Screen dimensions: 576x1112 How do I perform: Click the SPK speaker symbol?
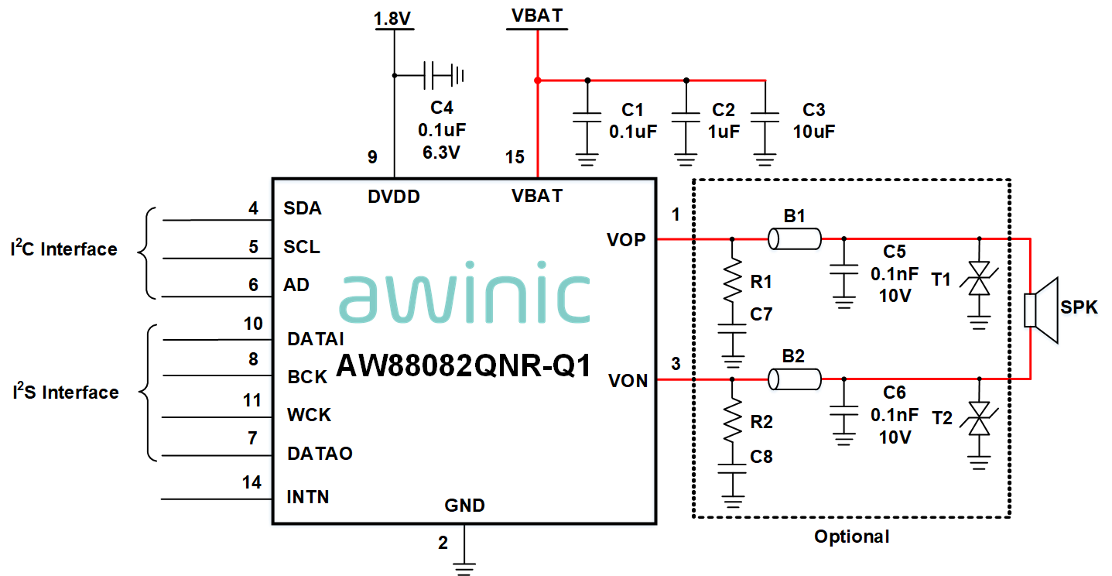tap(1040, 310)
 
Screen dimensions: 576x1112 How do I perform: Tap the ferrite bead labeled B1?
tap(794, 239)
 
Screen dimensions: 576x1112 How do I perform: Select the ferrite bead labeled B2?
tap(794, 379)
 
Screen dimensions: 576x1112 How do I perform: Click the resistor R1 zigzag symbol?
tap(731, 283)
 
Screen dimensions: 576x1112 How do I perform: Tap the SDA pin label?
tap(303, 208)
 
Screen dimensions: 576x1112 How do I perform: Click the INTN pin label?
tap(308, 496)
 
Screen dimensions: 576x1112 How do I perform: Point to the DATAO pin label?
tap(320, 453)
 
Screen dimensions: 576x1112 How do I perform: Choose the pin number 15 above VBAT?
tap(515, 157)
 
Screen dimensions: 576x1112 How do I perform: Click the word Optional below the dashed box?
tap(851, 537)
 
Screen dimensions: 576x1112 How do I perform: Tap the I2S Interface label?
tap(66, 392)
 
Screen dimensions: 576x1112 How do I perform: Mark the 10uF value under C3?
tap(813, 131)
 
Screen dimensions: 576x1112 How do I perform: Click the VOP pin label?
tap(626, 240)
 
